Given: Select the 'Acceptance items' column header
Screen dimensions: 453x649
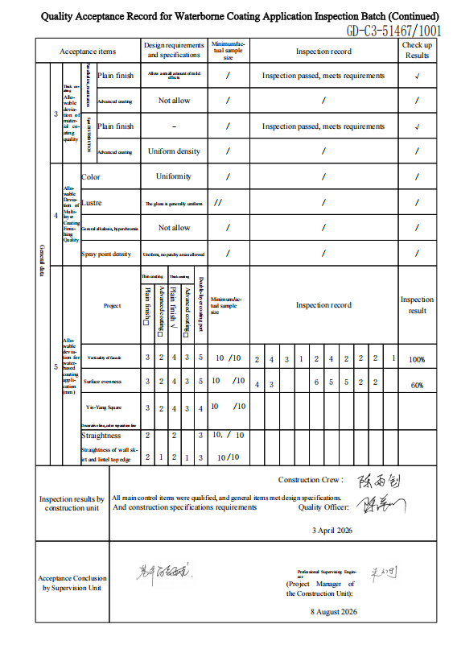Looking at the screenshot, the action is (x=88, y=52).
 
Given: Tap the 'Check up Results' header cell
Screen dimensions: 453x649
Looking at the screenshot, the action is (x=417, y=51).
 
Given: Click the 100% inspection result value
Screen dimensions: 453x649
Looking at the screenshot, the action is (x=417, y=359).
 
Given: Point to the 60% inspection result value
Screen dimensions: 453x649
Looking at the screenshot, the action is (x=417, y=385).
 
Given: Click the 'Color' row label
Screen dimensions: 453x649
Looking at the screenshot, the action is (x=91, y=176).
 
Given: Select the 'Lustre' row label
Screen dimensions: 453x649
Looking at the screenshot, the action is (x=93, y=203).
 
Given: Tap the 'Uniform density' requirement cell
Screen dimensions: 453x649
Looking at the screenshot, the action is (x=174, y=151).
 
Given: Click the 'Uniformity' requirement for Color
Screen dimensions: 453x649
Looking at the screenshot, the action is (x=174, y=176).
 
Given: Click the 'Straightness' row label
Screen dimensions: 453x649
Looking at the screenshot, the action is (x=101, y=436).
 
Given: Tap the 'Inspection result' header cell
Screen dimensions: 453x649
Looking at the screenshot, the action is (x=417, y=304).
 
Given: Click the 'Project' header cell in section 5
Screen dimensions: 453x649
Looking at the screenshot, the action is (x=112, y=306).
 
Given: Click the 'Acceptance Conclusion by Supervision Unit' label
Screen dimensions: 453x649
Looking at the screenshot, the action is (x=72, y=583).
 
